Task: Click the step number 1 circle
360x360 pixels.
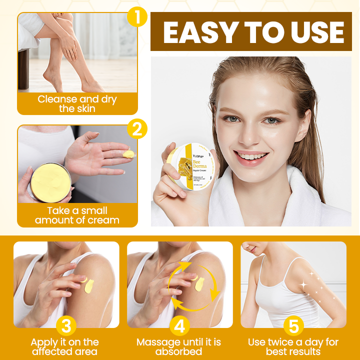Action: pyautogui.click(x=137, y=16)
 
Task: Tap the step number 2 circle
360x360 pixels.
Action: pyautogui.click(x=137, y=128)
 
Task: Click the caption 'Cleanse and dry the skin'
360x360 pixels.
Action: pyautogui.click(x=77, y=104)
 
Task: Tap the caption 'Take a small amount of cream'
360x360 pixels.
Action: pyautogui.click(x=77, y=215)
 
